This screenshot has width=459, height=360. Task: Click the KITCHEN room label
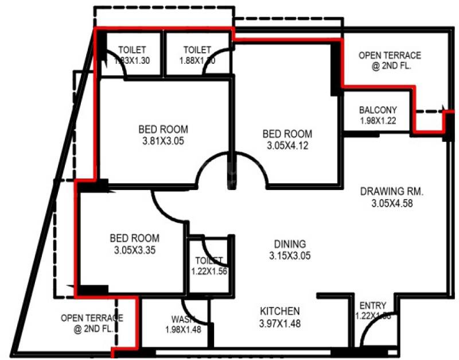point(280,311)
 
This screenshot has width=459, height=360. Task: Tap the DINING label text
point(290,244)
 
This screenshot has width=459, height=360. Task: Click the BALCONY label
point(378,110)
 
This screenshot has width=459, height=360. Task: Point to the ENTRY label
point(372,305)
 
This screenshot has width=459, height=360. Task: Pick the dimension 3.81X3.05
point(163,140)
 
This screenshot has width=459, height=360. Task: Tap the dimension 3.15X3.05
point(290,256)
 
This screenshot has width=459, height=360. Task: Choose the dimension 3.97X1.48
point(280,323)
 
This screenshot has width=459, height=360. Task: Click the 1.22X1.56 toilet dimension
point(209,272)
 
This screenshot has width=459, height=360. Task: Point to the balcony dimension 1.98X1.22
point(378,121)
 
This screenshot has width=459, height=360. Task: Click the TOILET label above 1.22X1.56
point(209,261)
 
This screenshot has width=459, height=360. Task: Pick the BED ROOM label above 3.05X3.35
point(134,238)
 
